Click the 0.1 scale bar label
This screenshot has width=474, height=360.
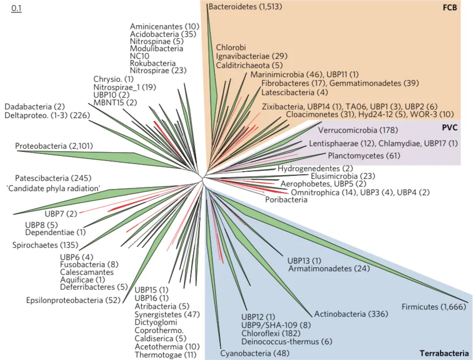click(x=16, y=9)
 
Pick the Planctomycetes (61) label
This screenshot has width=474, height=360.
click(x=357, y=155)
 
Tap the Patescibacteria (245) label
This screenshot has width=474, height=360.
click(x=53, y=178)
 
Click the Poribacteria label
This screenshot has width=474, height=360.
click(x=286, y=200)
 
